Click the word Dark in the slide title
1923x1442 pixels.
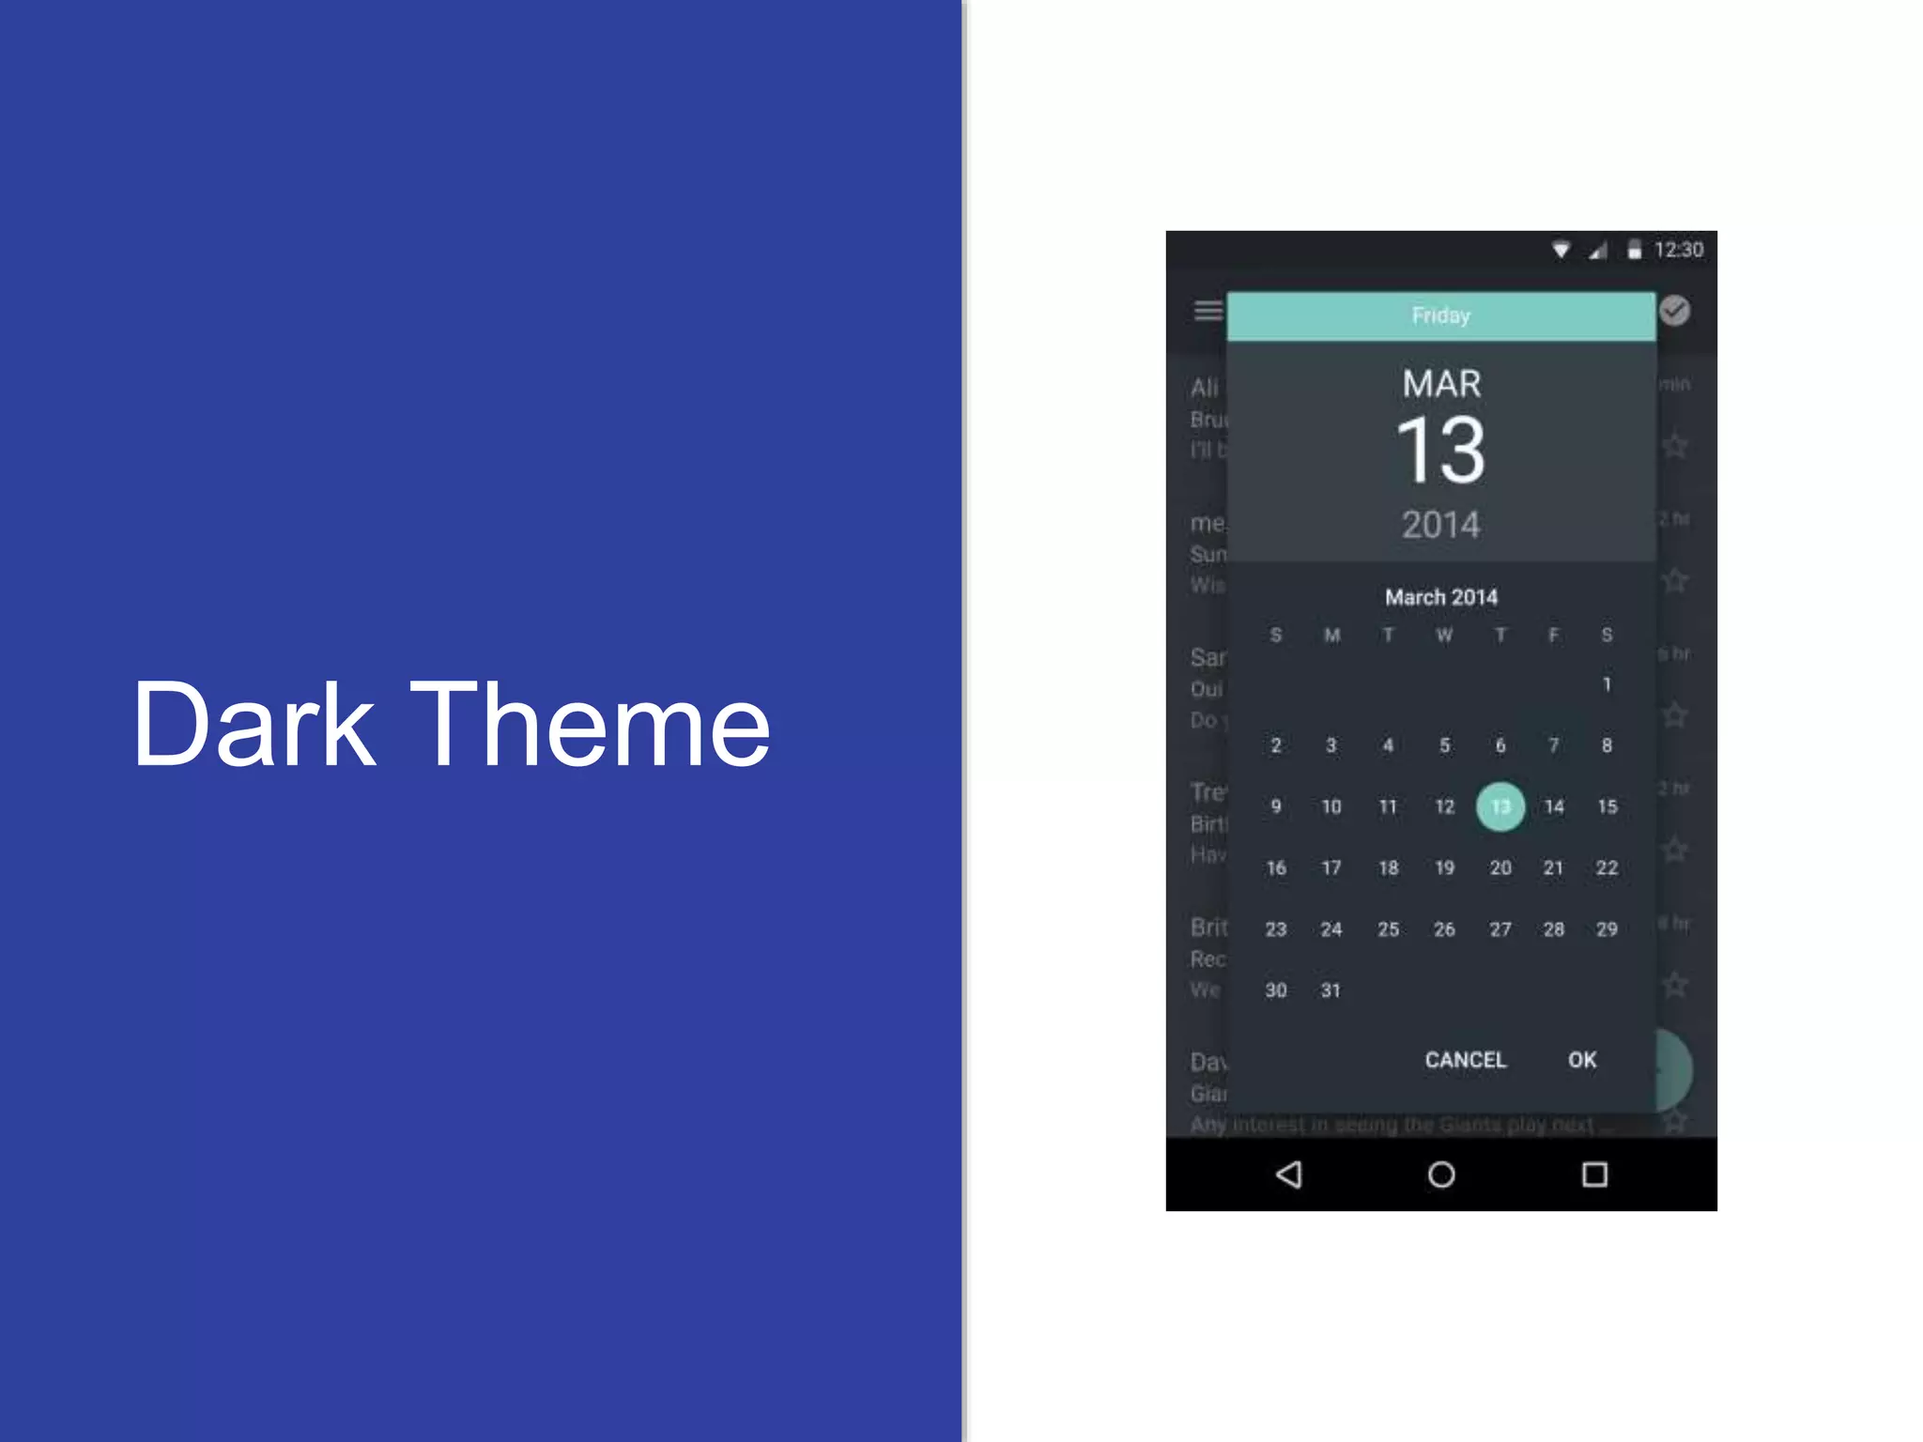click(254, 725)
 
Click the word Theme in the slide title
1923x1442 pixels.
click(590, 725)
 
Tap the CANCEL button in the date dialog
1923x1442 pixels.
click(1465, 1060)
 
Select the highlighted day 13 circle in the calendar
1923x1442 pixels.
click(1500, 806)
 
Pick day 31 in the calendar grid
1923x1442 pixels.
click(1331, 990)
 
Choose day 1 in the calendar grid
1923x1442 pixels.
click(1607, 684)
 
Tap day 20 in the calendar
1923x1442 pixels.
click(1500, 868)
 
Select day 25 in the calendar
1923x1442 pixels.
click(1388, 929)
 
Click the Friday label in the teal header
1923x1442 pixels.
click(1440, 315)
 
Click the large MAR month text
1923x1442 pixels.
click(1441, 384)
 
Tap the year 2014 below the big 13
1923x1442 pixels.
click(1440, 525)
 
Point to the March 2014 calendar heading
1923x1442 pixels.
click(1441, 597)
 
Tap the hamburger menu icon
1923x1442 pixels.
click(1208, 311)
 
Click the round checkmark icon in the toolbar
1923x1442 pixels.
click(1674, 311)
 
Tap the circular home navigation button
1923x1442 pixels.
click(1441, 1174)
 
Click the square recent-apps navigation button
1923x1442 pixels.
click(1594, 1174)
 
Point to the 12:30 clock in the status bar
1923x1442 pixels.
click(1678, 250)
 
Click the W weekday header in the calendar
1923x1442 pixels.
click(1444, 636)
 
